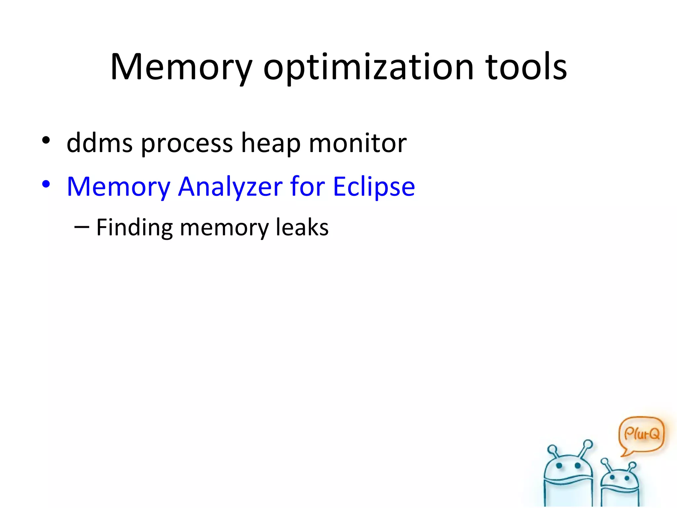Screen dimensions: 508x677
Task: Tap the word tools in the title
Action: (526, 68)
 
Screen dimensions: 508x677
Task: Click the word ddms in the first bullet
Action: (100, 143)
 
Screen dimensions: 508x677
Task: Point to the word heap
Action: (271, 143)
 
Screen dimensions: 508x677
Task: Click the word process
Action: (187, 143)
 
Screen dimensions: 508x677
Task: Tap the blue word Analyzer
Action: (230, 187)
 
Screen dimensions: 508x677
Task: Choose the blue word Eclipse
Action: (374, 187)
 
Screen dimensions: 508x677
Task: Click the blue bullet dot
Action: (46, 184)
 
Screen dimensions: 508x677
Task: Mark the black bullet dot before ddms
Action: (46, 140)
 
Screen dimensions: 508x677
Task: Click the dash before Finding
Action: (82, 227)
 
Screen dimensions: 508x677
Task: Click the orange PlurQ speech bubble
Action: (641, 434)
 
